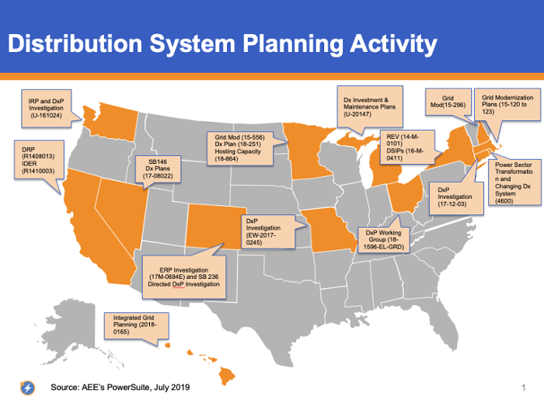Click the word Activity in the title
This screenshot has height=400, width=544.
[x=393, y=45]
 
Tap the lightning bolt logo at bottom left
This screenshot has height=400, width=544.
[x=28, y=388]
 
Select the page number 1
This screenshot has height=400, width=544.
[x=524, y=388]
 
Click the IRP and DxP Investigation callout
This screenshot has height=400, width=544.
[x=47, y=109]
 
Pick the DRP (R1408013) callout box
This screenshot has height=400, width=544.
[x=39, y=159]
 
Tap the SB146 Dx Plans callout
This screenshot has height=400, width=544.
[x=158, y=169]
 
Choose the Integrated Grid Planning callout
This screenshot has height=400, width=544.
[x=136, y=325]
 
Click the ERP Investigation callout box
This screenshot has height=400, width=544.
[x=184, y=277]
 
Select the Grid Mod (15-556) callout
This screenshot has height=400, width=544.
[x=239, y=148]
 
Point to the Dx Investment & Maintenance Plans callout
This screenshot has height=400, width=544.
[x=370, y=106]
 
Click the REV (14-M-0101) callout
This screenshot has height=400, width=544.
[x=407, y=147]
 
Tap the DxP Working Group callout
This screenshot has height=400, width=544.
[x=383, y=239]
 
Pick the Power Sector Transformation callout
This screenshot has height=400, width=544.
[x=514, y=183]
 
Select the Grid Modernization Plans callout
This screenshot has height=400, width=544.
[x=507, y=105]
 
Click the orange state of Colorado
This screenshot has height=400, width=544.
[x=215, y=226]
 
